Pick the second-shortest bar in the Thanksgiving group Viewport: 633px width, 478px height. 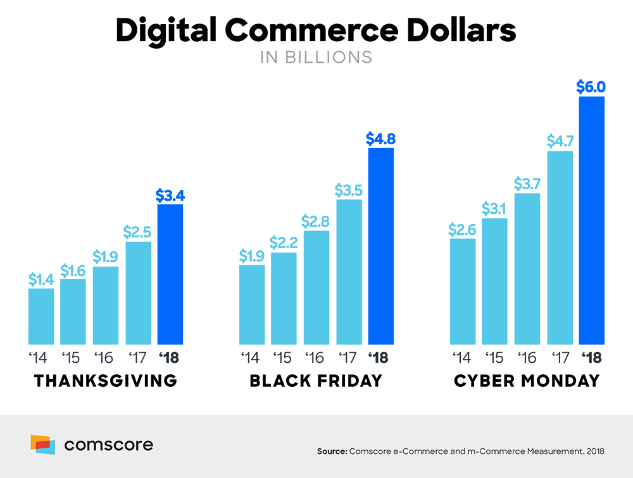(x=76, y=310)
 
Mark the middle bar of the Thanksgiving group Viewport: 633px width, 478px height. (x=108, y=304)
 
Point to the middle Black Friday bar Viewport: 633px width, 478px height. (x=318, y=285)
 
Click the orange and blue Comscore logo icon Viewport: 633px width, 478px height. (x=43, y=444)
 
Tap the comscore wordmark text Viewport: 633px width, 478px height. (x=108, y=445)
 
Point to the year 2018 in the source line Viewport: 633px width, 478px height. (x=595, y=451)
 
